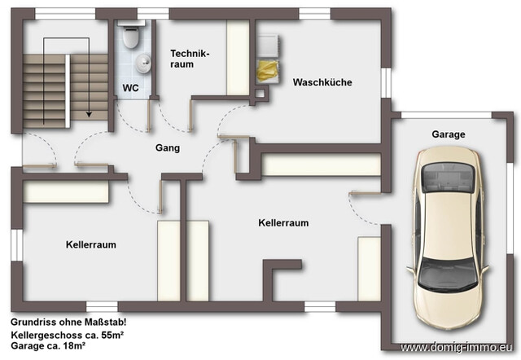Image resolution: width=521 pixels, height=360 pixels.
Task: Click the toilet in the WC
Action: [x=128, y=36]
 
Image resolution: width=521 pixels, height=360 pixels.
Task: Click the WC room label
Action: [x=129, y=87]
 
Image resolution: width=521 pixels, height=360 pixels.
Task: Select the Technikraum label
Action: [x=190, y=58]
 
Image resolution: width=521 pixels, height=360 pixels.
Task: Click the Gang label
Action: [x=168, y=148]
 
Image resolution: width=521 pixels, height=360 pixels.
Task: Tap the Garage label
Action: [x=449, y=134]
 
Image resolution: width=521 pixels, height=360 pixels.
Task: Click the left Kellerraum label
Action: [x=90, y=244]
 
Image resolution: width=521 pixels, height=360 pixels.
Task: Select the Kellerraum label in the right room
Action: [x=283, y=222]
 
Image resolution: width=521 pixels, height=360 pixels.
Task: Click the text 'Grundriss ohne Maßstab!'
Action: [x=58, y=323]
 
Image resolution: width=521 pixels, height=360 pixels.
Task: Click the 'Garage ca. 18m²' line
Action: [x=49, y=347]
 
